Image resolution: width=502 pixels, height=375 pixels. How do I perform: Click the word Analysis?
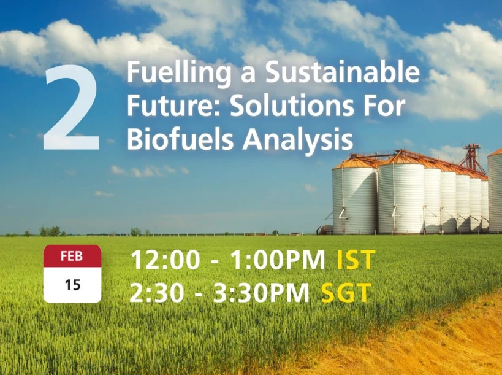pos(299,140)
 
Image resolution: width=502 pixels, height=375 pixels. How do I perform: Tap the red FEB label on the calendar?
pos(72,257)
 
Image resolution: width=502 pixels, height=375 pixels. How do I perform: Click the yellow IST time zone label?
pos(356,260)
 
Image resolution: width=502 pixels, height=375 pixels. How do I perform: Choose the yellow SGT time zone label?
pos(346,293)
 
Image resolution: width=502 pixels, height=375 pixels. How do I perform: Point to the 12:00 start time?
pos(165,260)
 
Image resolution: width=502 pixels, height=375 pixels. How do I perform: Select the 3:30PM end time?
pos(261,293)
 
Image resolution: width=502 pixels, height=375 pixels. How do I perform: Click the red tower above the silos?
pos(473,157)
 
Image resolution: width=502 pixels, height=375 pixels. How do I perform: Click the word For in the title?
pos(386,107)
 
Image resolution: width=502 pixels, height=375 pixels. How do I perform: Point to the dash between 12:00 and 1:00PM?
pos(215,261)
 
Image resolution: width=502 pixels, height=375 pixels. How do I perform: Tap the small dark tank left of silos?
pos(324,229)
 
